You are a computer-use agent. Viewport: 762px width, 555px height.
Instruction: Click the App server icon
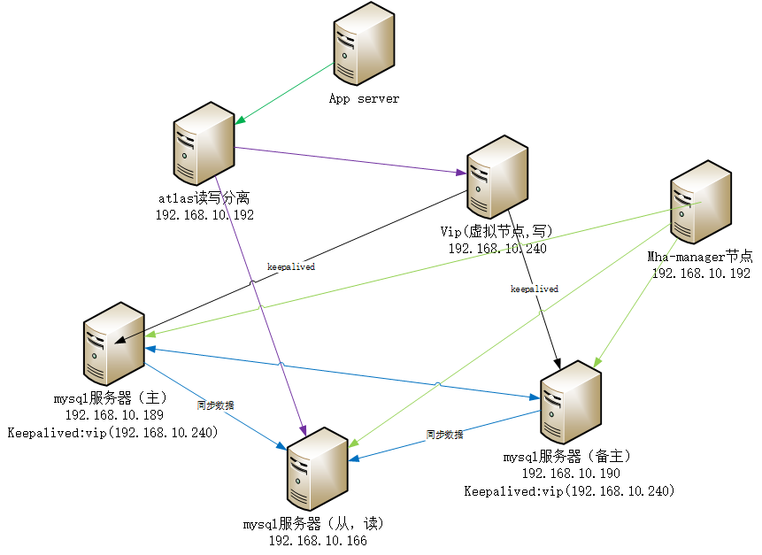coord(363,49)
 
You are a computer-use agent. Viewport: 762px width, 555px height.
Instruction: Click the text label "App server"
coord(364,98)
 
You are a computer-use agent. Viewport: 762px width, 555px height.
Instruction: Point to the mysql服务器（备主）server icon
coord(570,403)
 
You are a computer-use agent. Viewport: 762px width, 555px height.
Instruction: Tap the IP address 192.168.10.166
coord(317,540)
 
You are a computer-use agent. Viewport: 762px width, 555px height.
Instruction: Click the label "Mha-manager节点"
coord(700,257)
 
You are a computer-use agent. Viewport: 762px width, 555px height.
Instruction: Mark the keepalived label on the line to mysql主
coord(291,266)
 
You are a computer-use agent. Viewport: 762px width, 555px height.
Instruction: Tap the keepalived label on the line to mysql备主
coord(534,289)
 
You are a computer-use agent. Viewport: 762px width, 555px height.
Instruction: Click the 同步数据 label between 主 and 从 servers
coord(216,405)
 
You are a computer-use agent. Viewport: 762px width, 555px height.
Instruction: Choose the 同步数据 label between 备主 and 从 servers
coord(443,435)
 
